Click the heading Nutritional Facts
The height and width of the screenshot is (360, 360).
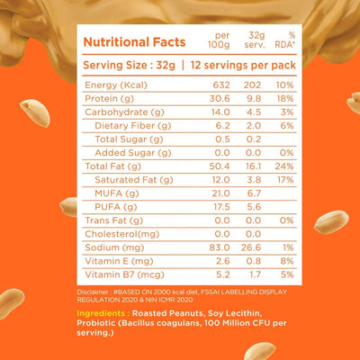point(134,41)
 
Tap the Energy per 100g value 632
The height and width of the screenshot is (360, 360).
point(215,85)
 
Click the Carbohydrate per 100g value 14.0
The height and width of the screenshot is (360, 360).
point(215,112)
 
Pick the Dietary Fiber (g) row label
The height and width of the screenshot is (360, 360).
point(130,126)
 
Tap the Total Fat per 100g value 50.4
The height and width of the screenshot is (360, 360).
point(215,166)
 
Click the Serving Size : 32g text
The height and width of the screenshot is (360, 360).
point(125,65)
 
